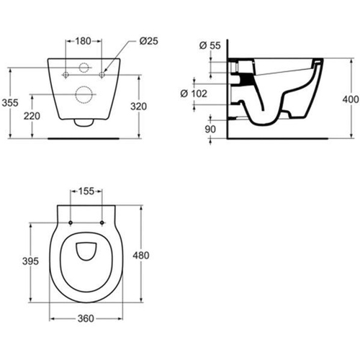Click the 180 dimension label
[84, 41]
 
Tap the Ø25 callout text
[149, 41]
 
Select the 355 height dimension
[10, 103]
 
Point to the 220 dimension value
[32, 116]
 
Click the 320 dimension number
[139, 107]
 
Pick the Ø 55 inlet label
[210, 45]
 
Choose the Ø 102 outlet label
[194, 94]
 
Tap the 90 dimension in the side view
[210, 130]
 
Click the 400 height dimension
[351, 99]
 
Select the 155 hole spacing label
[86, 192]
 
